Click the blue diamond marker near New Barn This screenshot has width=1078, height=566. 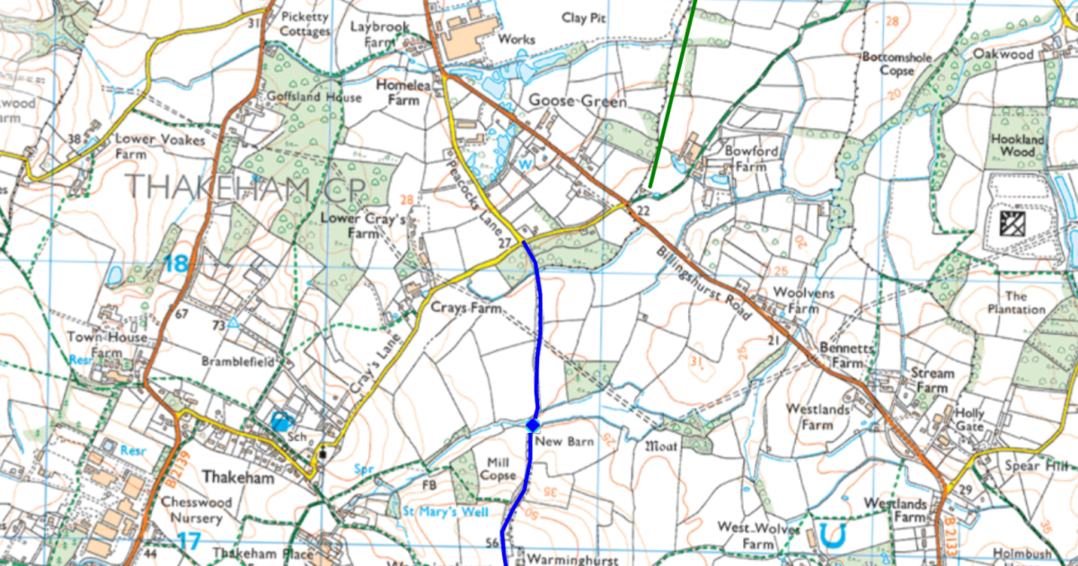click(532, 424)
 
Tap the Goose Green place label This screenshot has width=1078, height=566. click(577, 102)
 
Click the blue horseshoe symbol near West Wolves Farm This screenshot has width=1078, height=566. click(832, 536)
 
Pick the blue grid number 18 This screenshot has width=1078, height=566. click(176, 263)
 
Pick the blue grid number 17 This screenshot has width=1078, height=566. click(188, 541)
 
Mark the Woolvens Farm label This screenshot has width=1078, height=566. click(791, 301)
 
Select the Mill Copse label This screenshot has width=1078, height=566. click(499, 468)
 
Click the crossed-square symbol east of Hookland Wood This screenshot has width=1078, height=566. click(1019, 220)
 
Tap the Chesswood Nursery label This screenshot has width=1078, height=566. click(190, 510)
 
